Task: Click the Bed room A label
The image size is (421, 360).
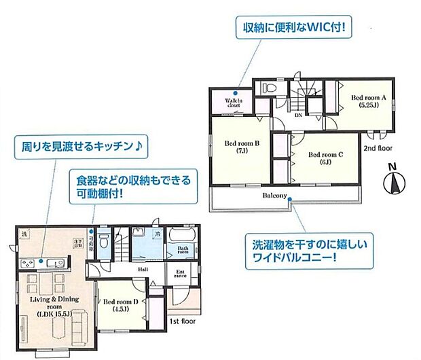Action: click(368, 101)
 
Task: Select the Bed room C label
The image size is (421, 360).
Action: click(325, 158)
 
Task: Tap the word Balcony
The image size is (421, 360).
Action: click(275, 196)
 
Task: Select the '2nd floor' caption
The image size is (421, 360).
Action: click(378, 147)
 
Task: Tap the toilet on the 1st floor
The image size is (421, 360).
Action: click(103, 241)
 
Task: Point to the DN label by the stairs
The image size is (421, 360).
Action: click(298, 115)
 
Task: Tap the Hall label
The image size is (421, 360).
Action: click(143, 269)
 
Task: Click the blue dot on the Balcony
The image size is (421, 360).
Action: click(289, 198)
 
